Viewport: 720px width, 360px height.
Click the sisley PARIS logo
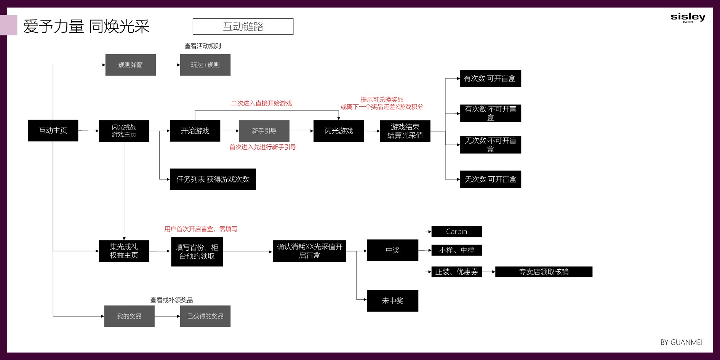coord(688,18)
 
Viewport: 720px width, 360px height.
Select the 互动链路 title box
coord(243,27)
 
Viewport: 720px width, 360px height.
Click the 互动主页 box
coord(53,131)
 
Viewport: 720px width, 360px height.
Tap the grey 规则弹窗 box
coord(131,65)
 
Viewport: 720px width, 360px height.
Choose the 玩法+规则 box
coord(205,65)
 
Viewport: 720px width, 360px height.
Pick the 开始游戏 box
coord(195,131)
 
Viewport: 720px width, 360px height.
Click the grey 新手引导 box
coord(264,131)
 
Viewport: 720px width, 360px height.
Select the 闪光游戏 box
coord(339,131)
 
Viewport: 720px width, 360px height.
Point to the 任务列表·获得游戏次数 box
coord(213,179)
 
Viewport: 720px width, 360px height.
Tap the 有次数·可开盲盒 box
coord(491,78)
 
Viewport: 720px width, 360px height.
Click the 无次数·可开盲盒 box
coord(491,179)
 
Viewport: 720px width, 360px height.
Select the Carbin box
coord(456,232)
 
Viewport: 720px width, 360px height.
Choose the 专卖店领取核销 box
coord(544,272)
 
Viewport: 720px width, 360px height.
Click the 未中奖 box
coord(392,301)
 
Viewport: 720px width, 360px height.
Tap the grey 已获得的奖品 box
coord(205,316)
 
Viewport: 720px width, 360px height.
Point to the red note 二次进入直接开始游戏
coord(261,103)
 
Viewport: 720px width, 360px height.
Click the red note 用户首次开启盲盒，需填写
coord(201,229)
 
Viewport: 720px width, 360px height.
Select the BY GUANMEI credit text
coord(682,342)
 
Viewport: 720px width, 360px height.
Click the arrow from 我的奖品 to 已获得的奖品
coord(167,316)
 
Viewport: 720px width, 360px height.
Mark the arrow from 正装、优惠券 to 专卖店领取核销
coord(488,272)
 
